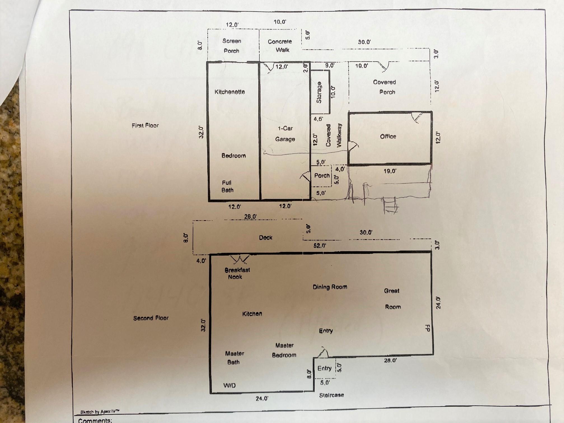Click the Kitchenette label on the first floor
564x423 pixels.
tap(230, 92)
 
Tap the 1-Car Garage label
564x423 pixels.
tap(285, 134)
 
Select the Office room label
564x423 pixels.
tap(388, 136)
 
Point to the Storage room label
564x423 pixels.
tap(319, 93)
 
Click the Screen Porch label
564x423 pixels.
tap(231, 46)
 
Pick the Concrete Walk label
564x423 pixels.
tap(280, 46)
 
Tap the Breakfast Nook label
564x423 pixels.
tap(237, 274)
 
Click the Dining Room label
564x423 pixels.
tap(330, 287)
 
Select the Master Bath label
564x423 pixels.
tap(234, 358)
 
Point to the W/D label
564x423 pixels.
tap(230, 385)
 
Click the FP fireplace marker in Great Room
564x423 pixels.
tap(427, 328)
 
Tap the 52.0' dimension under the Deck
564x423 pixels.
tap(320, 246)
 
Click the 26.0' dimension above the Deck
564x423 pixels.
tap(250, 216)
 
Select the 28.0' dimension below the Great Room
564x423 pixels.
tap(390, 361)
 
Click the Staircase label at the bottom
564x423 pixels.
tap(331, 395)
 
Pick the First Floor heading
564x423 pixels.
tap(145, 125)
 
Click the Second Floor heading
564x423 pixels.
tap(151, 318)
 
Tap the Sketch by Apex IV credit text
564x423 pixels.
tap(100, 412)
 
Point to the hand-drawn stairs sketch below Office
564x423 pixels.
tap(390, 206)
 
